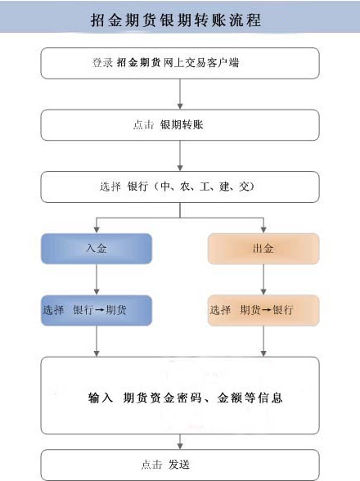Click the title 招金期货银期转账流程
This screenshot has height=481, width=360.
point(179,19)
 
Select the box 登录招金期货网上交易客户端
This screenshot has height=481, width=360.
point(180,63)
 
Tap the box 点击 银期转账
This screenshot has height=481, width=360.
point(180,124)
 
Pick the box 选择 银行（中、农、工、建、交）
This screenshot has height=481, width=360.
point(180,187)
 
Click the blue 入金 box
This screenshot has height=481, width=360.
point(97,249)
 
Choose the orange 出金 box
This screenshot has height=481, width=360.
point(263,249)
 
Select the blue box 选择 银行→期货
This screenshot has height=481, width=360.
point(97,311)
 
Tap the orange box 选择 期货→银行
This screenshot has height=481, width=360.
point(263,311)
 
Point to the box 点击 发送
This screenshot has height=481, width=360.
point(180,465)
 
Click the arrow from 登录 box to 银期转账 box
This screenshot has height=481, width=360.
point(180,94)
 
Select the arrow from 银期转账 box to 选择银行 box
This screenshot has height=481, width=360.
point(180,155)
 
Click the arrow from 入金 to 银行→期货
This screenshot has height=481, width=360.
point(97,280)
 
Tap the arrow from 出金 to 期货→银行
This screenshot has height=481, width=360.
point(263,280)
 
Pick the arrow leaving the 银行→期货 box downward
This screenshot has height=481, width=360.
point(97,342)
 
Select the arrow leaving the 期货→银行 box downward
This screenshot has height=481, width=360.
point(263,342)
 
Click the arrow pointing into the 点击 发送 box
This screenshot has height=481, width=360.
point(180,442)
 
